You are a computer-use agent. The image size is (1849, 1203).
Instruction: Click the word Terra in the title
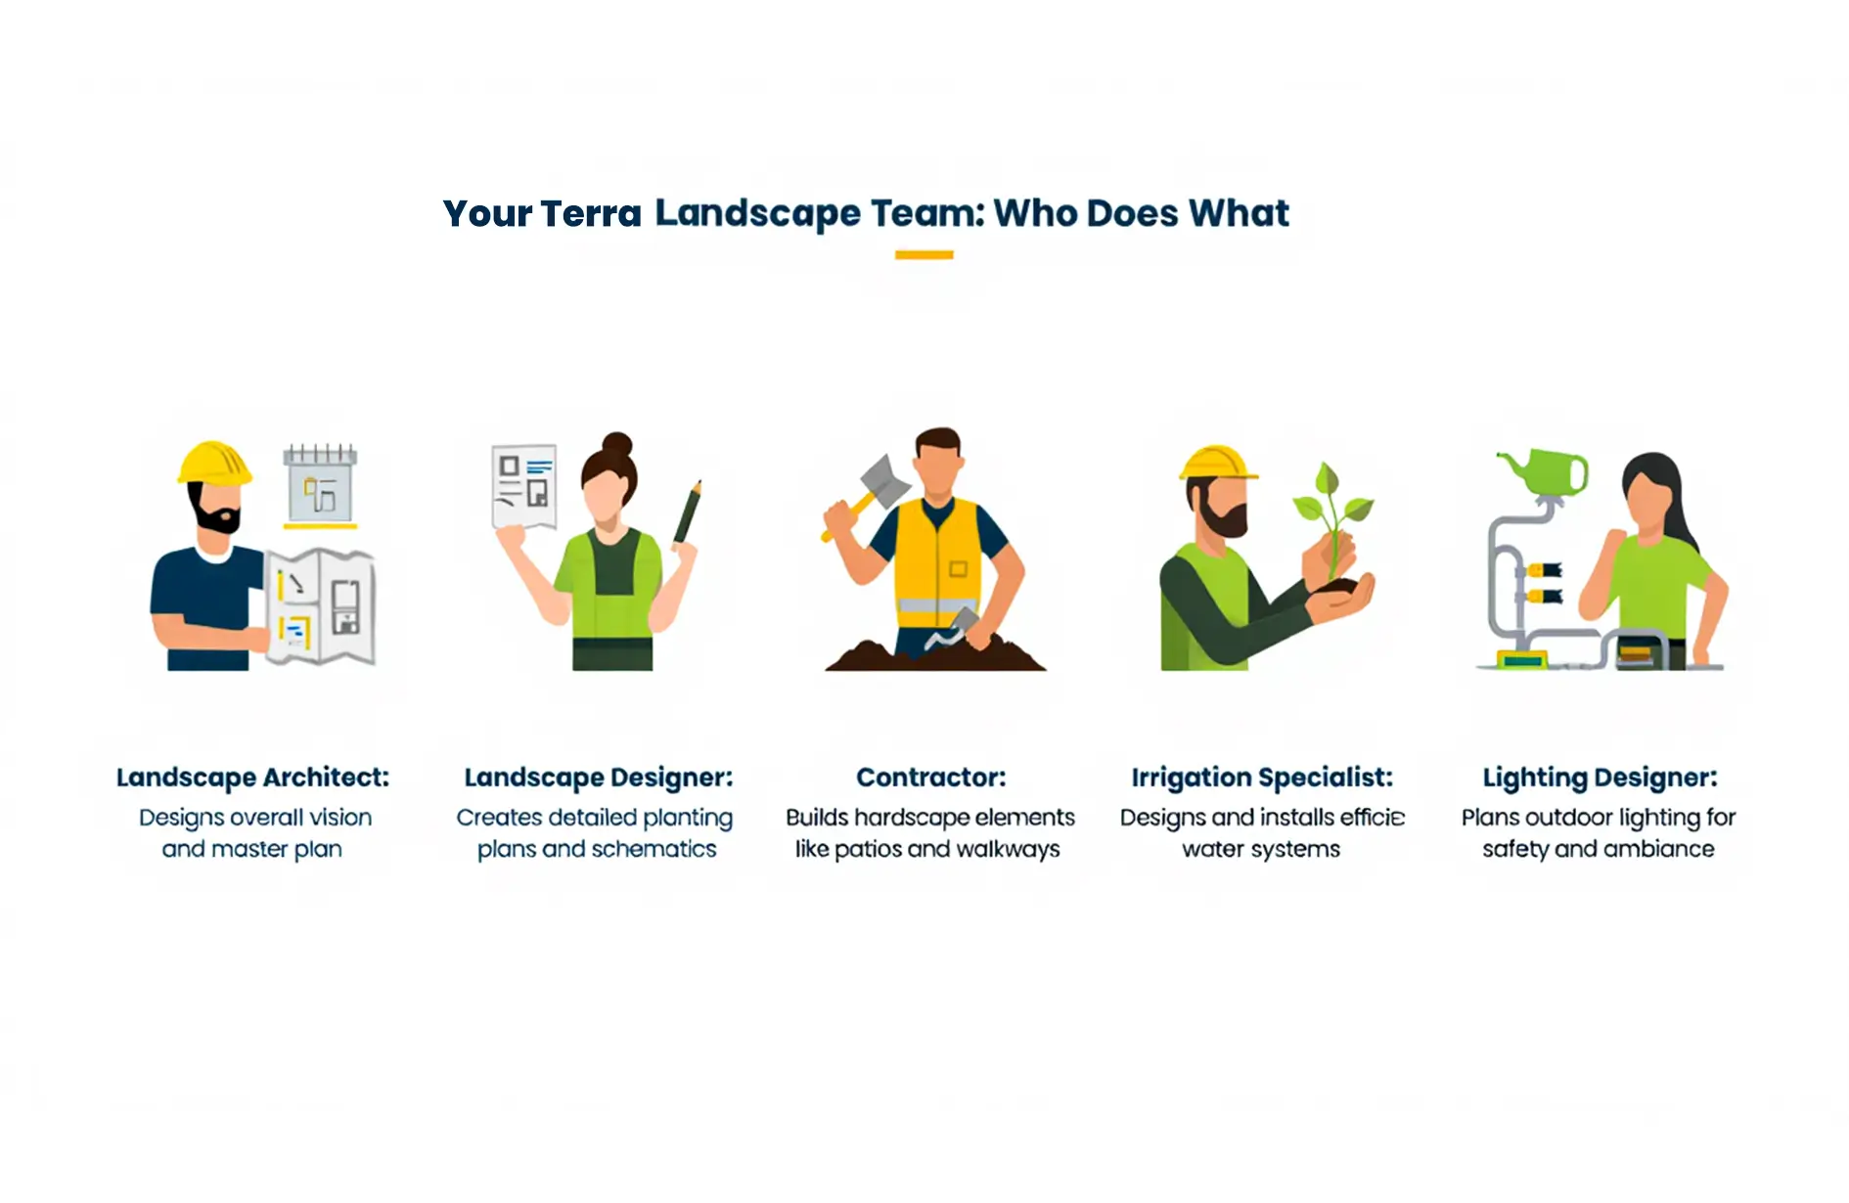tap(591, 213)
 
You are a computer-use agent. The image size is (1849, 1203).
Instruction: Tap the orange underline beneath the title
tap(924, 254)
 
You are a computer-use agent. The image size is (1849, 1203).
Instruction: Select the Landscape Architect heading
tap(252, 778)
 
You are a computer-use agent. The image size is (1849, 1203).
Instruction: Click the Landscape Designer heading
tap(598, 778)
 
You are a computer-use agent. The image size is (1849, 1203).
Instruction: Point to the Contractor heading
tap(930, 778)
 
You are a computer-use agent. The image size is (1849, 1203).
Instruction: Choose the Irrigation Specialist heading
tap(1262, 778)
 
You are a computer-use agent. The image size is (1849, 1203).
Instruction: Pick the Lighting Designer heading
tap(1600, 778)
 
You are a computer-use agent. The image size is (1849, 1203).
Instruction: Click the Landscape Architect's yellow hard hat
tap(214, 463)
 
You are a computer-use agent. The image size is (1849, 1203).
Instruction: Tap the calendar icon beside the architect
tap(320, 485)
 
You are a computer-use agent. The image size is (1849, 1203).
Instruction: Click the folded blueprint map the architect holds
tap(320, 606)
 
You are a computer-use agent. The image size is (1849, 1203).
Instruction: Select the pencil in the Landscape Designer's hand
tap(688, 512)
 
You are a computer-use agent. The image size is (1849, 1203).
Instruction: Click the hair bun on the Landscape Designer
tap(616, 444)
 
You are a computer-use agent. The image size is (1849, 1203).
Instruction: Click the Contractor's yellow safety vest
tap(937, 557)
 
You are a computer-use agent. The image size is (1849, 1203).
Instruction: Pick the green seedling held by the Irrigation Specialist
tap(1331, 518)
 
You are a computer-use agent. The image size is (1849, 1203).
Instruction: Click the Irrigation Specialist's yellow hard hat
tap(1217, 464)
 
